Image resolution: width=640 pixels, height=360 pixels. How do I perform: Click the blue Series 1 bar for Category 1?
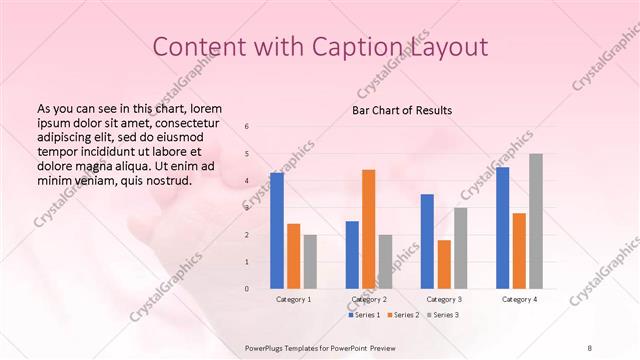pos(277,231)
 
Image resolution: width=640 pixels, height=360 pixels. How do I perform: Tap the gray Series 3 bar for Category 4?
pos(536,221)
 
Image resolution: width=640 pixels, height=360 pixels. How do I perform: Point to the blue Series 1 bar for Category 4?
pos(502,228)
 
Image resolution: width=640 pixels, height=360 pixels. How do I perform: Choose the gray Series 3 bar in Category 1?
pos(310,262)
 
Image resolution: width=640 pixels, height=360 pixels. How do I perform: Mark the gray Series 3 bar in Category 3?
pos(460,248)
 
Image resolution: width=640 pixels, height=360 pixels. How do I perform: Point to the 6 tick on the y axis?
pos(247,126)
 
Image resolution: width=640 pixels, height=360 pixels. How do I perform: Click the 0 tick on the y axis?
pos(247,289)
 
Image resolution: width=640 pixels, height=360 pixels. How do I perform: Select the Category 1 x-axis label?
pos(293,299)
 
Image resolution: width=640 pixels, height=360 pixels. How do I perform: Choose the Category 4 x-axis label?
pos(519,299)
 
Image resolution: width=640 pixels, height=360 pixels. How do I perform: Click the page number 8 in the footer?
pos(590,347)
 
